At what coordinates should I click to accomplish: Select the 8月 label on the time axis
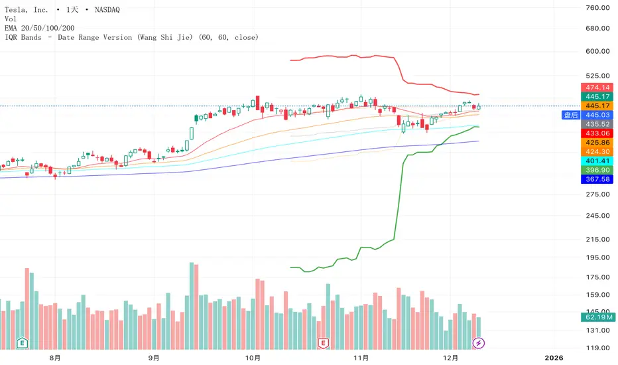pos(56,358)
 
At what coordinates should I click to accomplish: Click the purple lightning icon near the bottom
pos(479,343)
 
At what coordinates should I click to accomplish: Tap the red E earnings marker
pos(324,343)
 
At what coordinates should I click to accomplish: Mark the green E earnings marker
pos(23,343)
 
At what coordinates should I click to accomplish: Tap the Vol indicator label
pos(11,19)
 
